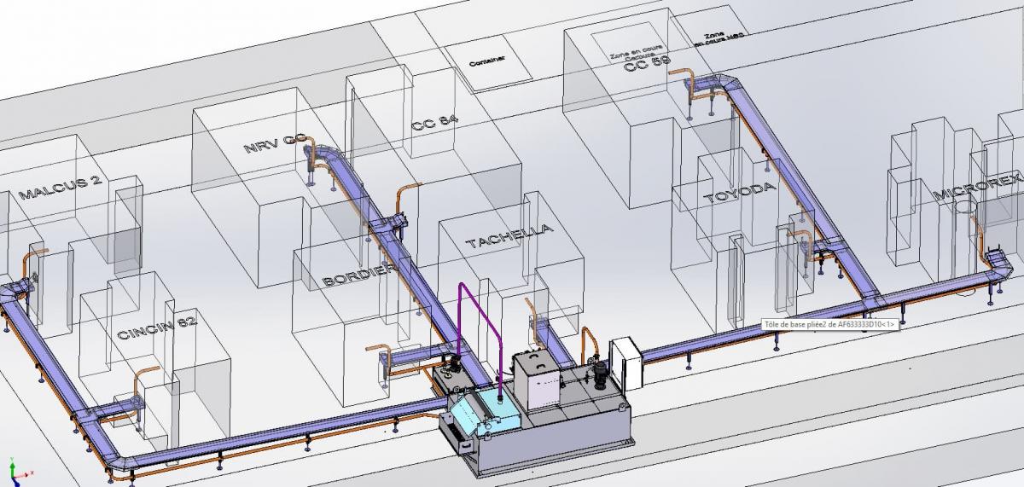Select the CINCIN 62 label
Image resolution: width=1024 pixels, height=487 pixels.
(157, 329)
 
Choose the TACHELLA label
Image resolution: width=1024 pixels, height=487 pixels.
(509, 236)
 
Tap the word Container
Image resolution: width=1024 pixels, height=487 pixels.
(487, 60)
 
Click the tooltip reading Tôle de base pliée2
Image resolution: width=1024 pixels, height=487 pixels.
(829, 325)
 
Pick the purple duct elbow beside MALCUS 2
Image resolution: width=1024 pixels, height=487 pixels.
(11, 293)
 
